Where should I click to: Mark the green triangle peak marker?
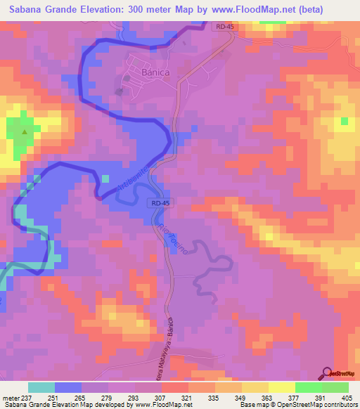click(25, 131)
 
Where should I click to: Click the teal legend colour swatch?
click(41, 387)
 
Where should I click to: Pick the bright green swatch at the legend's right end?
click(335, 387)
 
